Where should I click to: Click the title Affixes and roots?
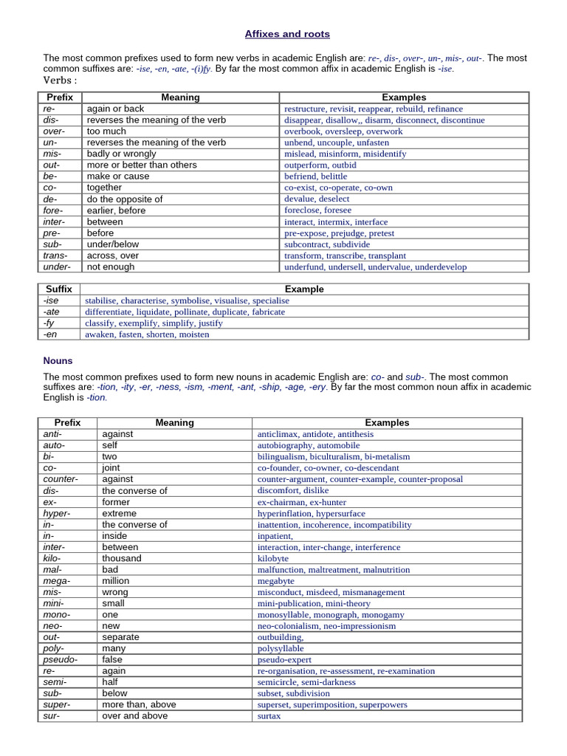click(287, 34)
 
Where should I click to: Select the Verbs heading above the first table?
click(61, 80)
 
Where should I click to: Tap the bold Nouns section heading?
click(58, 361)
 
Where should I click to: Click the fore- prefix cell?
click(53, 210)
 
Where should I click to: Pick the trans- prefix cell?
click(55, 255)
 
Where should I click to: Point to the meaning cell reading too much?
click(106, 131)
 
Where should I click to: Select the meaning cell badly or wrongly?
click(121, 154)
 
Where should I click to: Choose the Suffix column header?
click(59, 289)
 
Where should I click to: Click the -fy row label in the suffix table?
click(49, 323)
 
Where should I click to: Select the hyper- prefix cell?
click(57, 513)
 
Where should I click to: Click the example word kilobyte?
click(273, 559)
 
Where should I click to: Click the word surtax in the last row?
click(269, 716)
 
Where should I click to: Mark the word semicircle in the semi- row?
click(279, 682)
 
